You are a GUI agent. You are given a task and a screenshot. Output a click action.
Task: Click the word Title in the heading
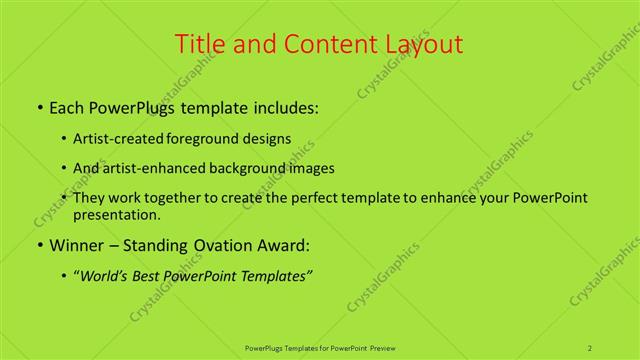[199, 44]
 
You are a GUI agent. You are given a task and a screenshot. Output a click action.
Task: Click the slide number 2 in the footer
[590, 347]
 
